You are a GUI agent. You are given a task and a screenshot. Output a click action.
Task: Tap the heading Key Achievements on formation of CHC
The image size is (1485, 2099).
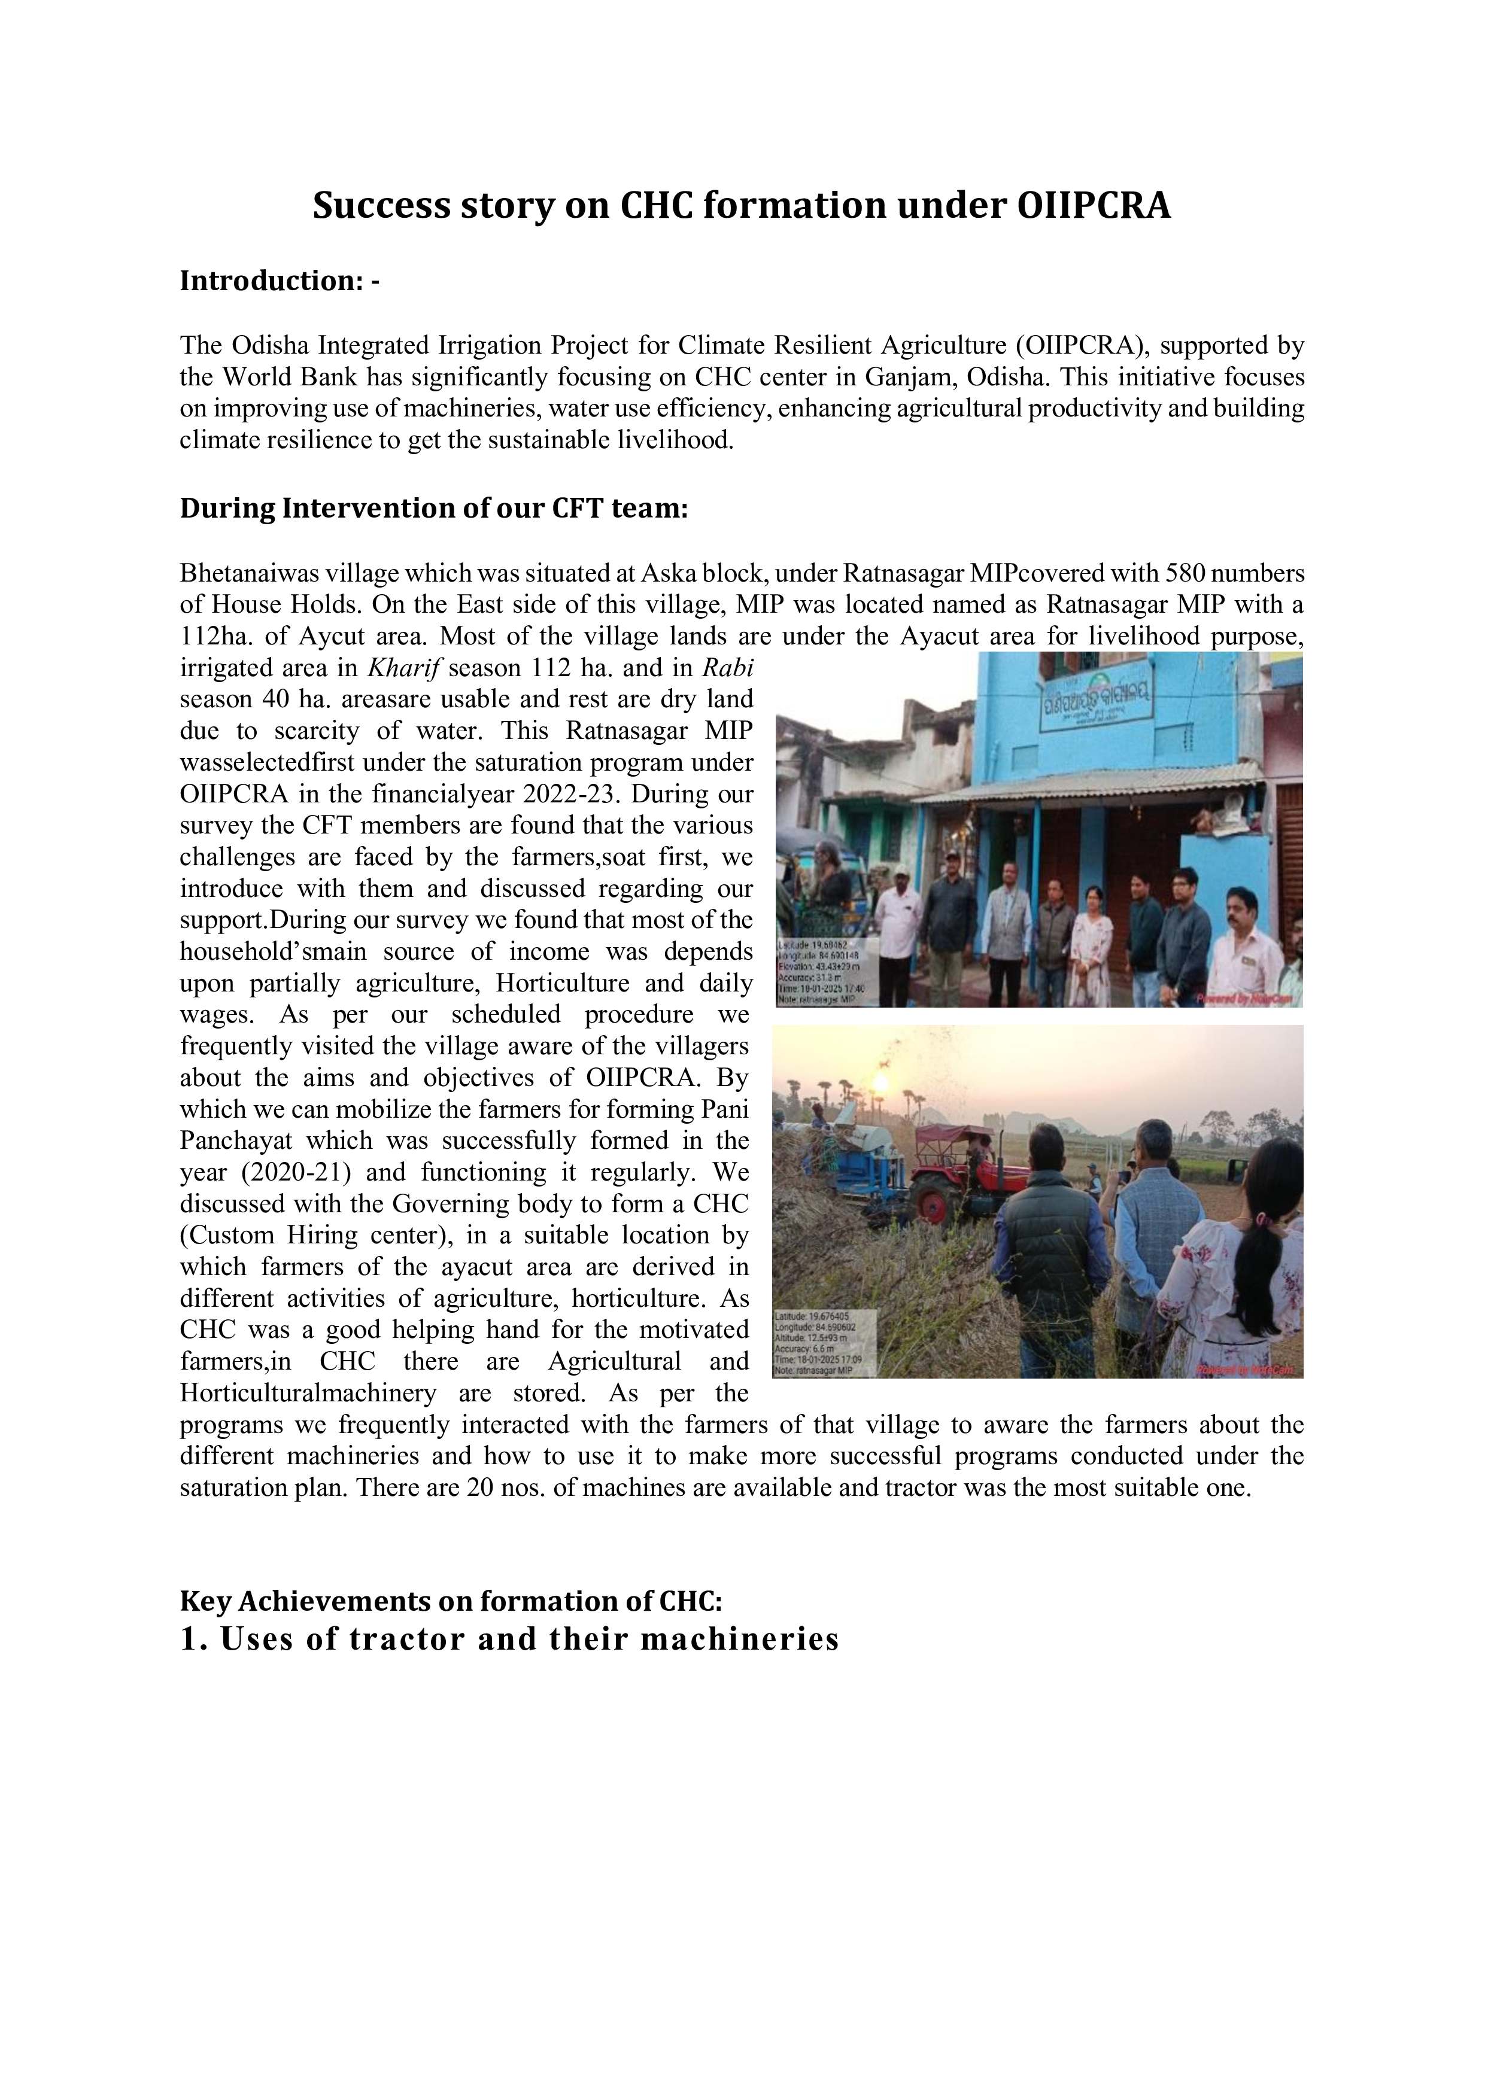point(451,1601)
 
